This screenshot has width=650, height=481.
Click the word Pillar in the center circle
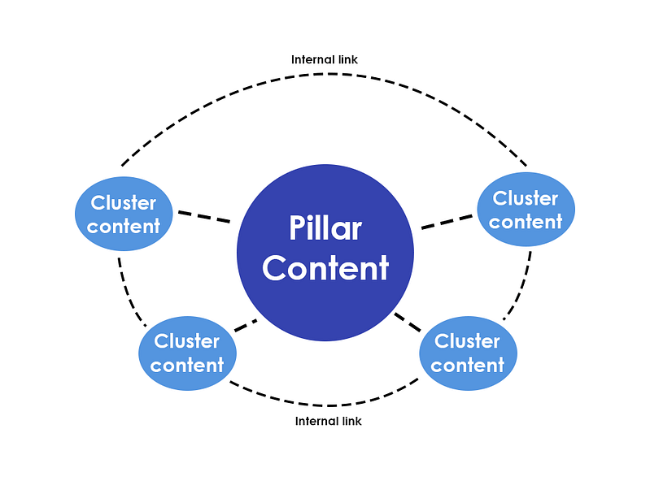coord(325,228)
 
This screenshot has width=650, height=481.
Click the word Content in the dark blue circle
coord(325,267)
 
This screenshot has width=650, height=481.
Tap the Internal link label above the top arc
coord(325,59)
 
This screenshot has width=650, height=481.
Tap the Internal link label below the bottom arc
coord(328,421)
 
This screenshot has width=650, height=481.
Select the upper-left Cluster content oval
coord(124,214)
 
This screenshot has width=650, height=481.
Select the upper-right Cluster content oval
coord(526,210)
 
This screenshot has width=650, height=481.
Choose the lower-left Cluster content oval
coord(187,353)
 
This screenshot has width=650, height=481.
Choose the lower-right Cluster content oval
coord(468,353)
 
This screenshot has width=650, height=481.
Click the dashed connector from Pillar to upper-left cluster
coord(203,217)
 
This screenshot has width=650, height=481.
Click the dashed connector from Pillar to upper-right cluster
coord(447,221)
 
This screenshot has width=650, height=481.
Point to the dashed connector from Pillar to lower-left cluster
coord(245,325)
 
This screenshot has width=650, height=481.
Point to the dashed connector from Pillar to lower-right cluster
coord(408,322)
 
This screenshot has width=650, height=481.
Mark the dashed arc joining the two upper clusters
coord(325,74)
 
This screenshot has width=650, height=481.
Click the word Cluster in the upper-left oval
coord(124,202)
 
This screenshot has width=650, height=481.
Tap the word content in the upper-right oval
coord(526,221)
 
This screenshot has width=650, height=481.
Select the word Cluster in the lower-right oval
coord(468,341)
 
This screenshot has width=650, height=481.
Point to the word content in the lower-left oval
coord(187,366)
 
